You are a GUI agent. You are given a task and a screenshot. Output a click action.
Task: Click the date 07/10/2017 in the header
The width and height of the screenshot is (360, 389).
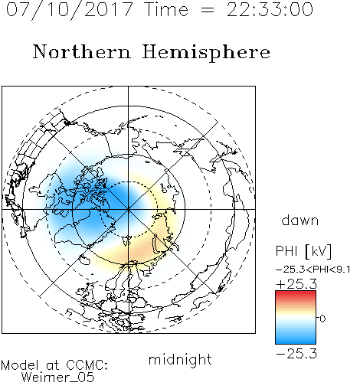(70, 10)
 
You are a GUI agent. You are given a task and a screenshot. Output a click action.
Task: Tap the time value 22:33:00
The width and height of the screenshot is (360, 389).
(270, 9)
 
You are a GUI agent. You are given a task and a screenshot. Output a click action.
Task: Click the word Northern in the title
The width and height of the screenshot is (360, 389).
(82, 51)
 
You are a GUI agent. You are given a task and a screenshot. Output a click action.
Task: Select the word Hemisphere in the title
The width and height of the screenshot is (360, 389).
(206, 53)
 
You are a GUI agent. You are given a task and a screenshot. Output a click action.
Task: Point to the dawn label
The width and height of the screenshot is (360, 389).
(300, 220)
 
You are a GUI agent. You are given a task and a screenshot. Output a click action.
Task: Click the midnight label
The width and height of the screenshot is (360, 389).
(180, 359)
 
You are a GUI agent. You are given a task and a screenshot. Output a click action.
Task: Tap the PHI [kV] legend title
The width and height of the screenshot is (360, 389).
(303, 251)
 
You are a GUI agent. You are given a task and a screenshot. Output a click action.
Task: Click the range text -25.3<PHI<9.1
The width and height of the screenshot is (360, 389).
(313, 270)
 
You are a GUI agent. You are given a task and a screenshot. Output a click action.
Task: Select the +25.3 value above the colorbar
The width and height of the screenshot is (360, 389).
(296, 284)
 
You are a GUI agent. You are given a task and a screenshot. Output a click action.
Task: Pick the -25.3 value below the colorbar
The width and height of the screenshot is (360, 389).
(296, 354)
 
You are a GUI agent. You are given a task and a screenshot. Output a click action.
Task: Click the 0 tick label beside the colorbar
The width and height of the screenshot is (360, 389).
(322, 319)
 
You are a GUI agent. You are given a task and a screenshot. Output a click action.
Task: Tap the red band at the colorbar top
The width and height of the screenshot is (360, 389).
(296, 293)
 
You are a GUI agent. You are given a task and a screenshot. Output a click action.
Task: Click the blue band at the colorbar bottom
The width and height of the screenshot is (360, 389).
(296, 341)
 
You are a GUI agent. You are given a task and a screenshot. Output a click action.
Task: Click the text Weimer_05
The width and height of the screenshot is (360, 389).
(58, 378)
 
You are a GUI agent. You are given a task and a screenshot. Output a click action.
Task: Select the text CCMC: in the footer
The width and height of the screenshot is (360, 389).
(87, 365)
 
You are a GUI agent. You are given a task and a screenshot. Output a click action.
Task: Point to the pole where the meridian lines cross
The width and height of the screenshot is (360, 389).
(129, 209)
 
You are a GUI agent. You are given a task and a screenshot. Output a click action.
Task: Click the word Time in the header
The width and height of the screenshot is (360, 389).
(166, 9)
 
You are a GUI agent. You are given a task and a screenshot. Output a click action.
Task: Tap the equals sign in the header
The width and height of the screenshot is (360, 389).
(208, 10)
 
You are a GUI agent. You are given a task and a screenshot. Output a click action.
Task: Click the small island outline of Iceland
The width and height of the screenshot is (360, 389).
(85, 260)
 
